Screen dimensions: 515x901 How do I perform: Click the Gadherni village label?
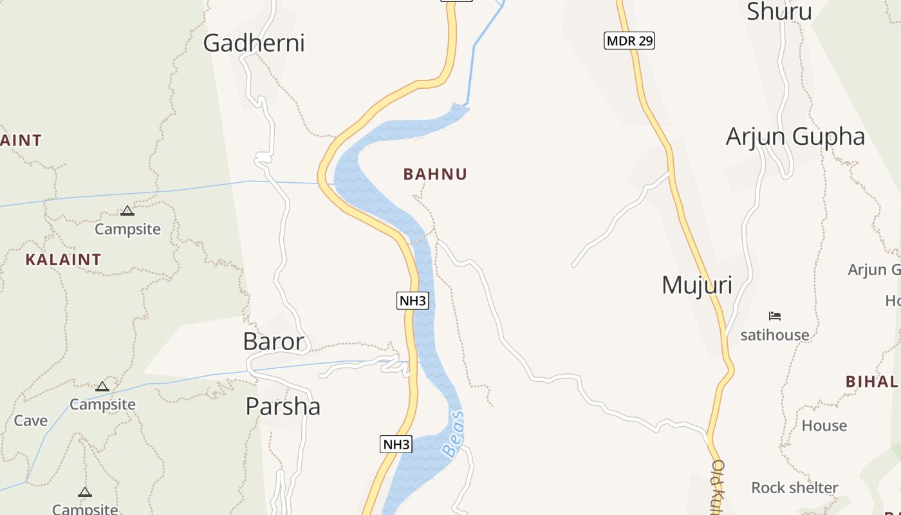pos(254,43)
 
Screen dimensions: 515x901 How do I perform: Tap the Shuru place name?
pos(779,11)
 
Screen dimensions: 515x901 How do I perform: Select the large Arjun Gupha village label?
pos(795,136)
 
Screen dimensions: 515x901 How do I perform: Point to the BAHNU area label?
pos(435,174)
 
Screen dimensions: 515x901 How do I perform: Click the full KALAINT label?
pos(63,259)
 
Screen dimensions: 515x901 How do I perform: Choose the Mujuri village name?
pos(696,285)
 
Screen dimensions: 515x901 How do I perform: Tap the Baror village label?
pos(273,341)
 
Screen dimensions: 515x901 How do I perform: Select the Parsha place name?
pos(283,406)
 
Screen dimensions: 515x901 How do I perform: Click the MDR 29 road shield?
pos(629,41)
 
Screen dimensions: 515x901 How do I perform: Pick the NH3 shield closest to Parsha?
pos(396,444)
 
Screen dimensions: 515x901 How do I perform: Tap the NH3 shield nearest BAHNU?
pos(413,301)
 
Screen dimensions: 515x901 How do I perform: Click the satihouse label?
pos(774,335)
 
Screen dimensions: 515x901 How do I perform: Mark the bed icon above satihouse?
pos(775,316)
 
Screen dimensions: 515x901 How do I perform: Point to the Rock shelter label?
pos(794,487)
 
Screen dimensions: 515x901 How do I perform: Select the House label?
pos(824,426)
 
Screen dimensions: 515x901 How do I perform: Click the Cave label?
pos(31,420)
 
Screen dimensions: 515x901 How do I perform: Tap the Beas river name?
pos(454,435)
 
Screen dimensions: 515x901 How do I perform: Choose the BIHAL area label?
pos(872,381)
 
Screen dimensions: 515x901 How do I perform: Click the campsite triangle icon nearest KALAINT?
pos(127,211)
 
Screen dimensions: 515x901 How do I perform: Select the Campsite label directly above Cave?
pos(102,404)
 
